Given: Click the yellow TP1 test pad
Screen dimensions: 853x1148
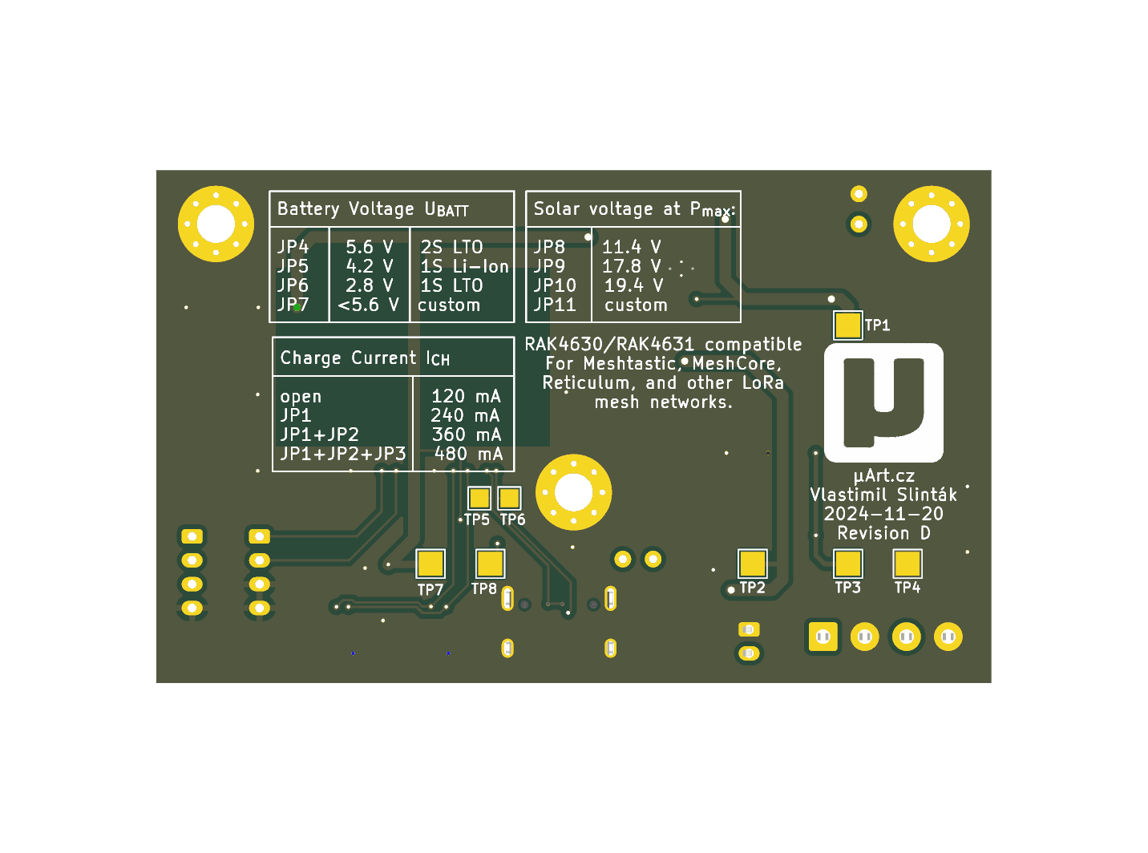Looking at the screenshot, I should pos(847,325).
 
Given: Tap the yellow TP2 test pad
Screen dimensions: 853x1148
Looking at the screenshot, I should pos(752,563).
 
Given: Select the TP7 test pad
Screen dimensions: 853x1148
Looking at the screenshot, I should pos(430,564).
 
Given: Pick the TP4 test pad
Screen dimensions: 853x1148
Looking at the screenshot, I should pos(907,563).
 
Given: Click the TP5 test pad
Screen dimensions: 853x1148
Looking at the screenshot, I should pos(479,498).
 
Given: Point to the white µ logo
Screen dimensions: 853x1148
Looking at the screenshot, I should pos(883,402).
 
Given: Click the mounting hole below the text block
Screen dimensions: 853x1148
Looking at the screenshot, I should pos(573,492).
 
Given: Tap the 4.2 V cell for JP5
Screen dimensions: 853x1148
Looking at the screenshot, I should pos(370,266).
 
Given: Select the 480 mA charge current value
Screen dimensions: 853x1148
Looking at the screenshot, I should pos(468,454).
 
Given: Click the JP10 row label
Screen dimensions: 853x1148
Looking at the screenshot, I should pos(555,285).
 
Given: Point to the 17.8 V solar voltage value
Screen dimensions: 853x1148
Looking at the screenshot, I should pos(632,266).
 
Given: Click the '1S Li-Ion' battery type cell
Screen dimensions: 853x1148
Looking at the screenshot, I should pos(464,266).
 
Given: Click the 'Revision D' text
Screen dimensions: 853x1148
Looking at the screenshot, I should pos(883,533).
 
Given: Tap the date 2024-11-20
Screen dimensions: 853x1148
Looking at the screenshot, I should pos(883,514).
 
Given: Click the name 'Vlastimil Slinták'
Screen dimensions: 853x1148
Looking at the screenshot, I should pos(883,495).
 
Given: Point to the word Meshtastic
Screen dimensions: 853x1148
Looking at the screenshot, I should pos(630,363).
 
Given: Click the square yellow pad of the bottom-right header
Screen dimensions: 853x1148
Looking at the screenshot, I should pos(823,637).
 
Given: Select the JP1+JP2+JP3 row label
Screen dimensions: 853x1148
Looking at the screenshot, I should pos(343,454).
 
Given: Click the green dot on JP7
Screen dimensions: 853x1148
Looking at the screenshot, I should pos(297,307).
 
